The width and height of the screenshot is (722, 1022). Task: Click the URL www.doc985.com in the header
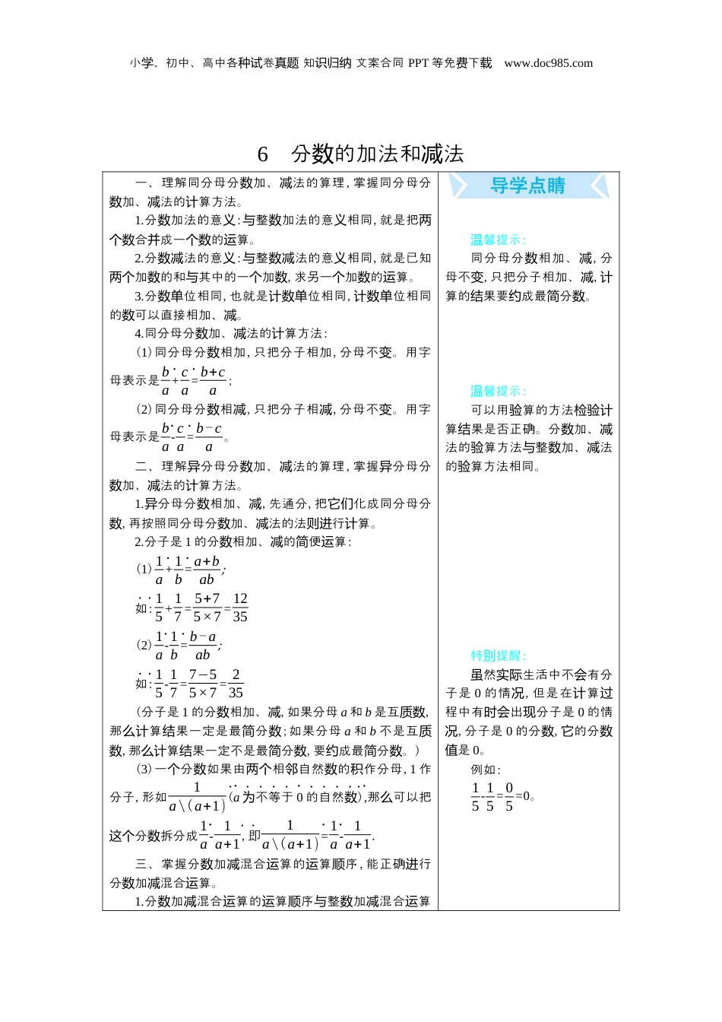pos(548,63)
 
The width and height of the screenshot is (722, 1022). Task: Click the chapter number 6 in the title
pos(263,154)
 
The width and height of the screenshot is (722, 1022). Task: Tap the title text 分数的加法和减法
pos(378,154)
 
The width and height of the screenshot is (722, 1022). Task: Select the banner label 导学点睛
pos(527,186)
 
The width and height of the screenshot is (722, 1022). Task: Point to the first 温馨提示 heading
pos(498,240)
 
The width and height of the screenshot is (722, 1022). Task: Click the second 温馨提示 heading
pos(498,391)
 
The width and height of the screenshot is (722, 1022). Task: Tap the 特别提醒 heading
pos(498,655)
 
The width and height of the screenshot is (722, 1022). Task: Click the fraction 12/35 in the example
pos(240,608)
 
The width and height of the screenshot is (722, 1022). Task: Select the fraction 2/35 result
pos(236,683)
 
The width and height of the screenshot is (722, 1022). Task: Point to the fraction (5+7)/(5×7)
pos(207,608)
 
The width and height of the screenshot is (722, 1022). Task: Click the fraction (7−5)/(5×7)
pos(203,683)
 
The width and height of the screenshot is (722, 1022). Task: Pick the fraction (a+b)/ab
pos(207,570)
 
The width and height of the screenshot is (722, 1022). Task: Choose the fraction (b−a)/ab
pos(202,646)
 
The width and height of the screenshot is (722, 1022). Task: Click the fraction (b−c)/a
pos(209,437)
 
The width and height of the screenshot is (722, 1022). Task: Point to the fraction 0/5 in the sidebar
pos(509,797)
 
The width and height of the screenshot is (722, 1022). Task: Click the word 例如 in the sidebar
pos(485,770)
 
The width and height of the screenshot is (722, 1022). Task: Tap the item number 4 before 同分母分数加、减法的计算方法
pos(138,334)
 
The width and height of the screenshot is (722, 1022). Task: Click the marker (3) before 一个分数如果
pos(144,770)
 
